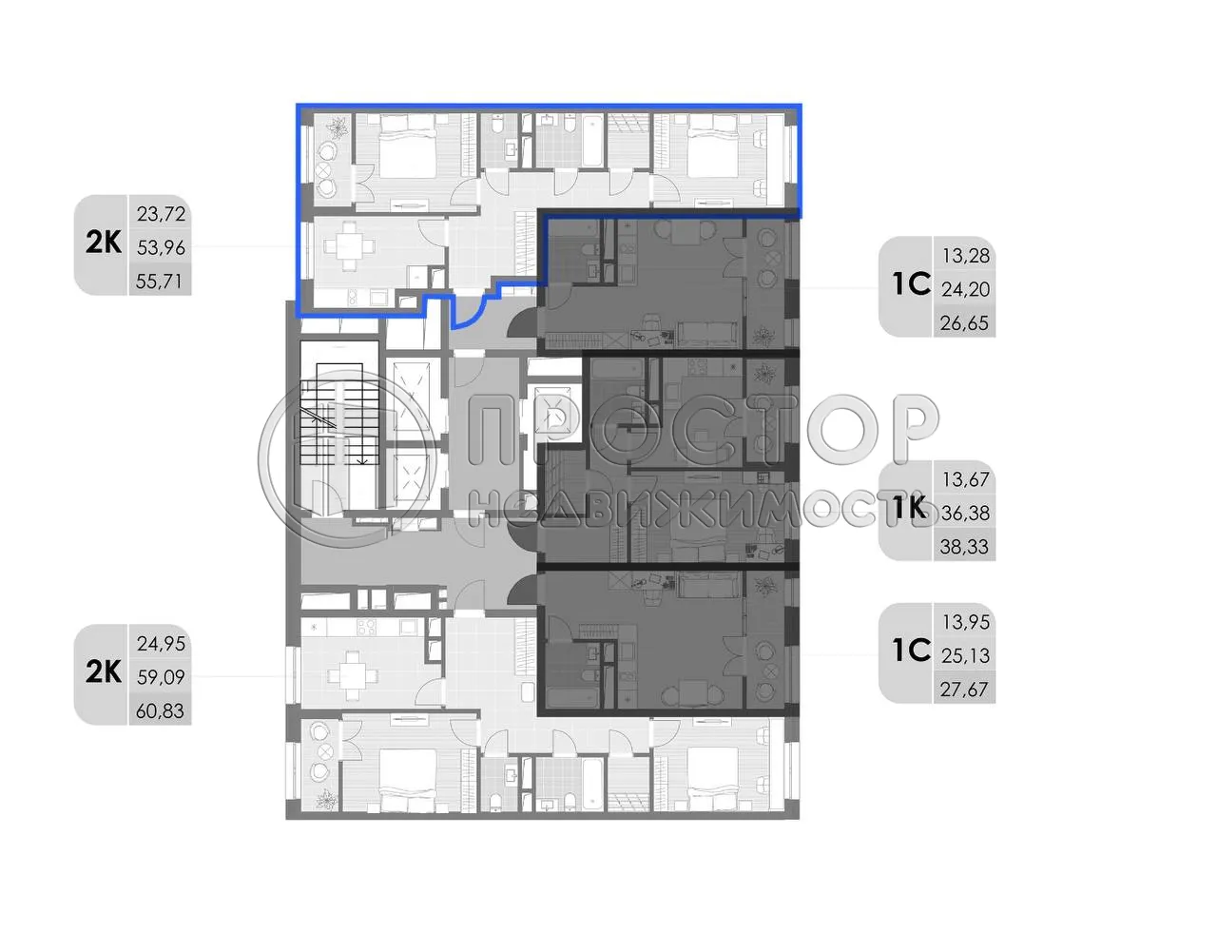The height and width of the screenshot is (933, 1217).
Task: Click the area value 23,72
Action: [x=161, y=214]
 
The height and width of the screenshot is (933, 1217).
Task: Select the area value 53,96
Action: [x=161, y=247]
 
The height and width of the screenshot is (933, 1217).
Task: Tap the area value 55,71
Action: [x=161, y=282]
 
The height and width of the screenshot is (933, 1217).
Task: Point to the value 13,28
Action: [x=965, y=256]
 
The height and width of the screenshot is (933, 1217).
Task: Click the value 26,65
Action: [x=965, y=323]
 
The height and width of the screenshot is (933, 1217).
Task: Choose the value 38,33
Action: [x=965, y=547]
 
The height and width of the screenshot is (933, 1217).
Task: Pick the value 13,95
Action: [x=965, y=622]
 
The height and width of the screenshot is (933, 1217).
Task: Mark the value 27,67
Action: [x=965, y=690]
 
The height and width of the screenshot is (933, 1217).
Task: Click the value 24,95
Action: [x=161, y=644]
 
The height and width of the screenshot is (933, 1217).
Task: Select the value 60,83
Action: [x=161, y=711]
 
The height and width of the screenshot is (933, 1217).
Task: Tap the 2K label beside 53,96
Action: [x=103, y=243]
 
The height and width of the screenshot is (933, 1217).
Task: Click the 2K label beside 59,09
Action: [x=103, y=671]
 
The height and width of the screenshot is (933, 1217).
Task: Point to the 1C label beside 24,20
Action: [x=910, y=284]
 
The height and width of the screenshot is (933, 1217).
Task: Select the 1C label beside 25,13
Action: [x=910, y=651]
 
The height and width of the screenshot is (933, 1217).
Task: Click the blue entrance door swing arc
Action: [x=469, y=312]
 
